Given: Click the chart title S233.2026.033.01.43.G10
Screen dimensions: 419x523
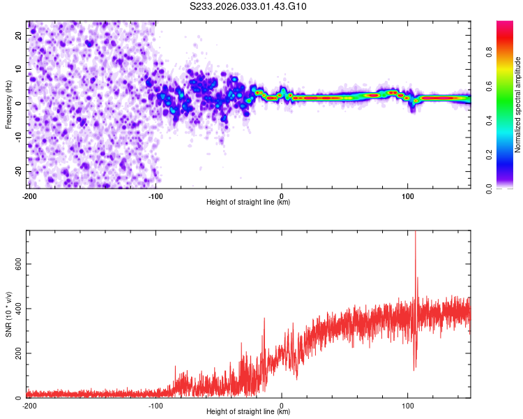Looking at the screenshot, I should pos(248,7).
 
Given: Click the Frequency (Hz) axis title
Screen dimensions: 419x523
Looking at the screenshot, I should pos(9,104).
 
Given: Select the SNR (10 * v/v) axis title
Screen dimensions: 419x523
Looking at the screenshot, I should pos(9,314).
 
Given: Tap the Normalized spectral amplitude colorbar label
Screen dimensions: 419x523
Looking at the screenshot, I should pos(518,104).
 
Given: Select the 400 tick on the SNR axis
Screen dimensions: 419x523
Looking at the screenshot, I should pos(16,308).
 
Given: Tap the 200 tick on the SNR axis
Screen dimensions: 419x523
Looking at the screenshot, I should pos(16,353).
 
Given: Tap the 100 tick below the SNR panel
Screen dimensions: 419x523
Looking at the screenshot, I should pos(408,406).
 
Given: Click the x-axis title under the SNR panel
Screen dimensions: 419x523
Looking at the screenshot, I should pos(248,413).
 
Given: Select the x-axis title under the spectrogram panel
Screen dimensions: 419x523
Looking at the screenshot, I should pos(248,203).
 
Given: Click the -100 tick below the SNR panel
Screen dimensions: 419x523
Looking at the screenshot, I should pos(156,406).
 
